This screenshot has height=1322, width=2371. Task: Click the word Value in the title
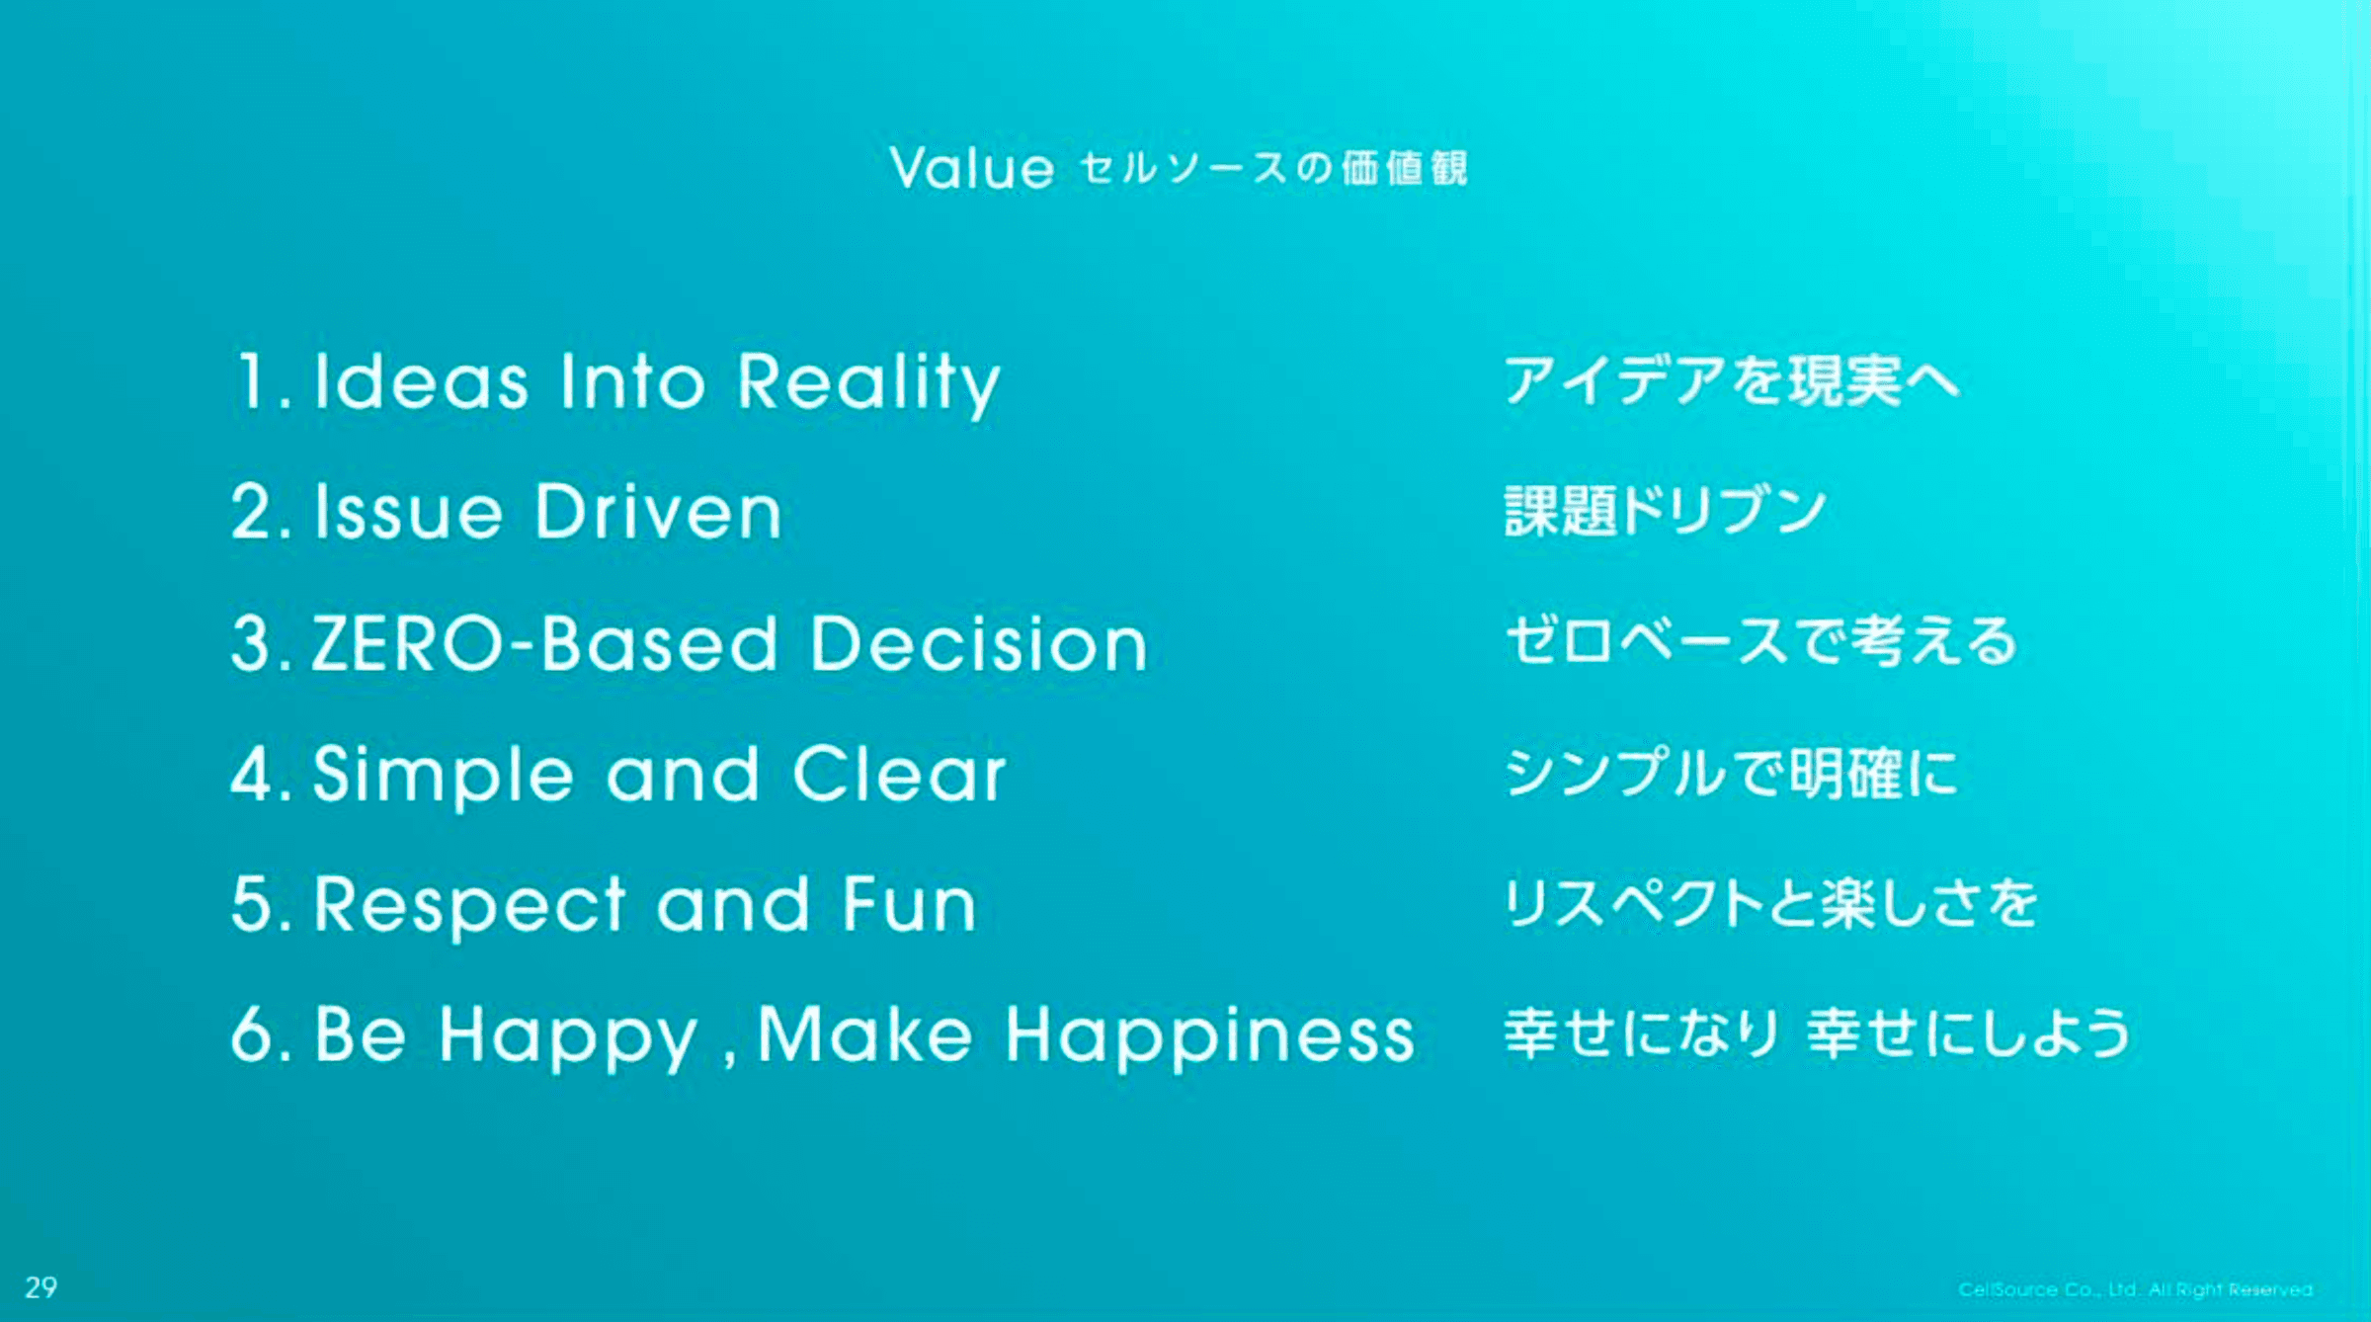[972, 168]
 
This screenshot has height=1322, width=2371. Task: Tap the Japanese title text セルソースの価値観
[1274, 168]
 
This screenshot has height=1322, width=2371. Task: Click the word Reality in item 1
[869, 383]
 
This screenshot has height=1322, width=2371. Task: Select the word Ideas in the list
[421, 381]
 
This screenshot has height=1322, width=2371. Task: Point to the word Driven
[659, 512]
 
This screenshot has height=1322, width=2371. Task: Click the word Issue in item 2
[409, 512]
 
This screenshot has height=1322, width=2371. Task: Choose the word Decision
[979, 643]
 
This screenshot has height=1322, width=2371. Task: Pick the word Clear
[899, 774]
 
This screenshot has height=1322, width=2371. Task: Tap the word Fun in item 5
[909, 904]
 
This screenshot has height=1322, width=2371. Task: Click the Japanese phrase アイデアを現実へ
[1732, 381]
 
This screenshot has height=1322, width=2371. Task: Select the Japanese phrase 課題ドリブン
[1666, 511]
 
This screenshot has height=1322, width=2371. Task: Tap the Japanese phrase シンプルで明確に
[1731, 773]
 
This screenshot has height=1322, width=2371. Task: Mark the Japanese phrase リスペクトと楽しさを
[1770, 903]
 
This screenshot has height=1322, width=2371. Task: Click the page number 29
[41, 1287]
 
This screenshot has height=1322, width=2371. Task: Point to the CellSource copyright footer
[2135, 1289]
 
